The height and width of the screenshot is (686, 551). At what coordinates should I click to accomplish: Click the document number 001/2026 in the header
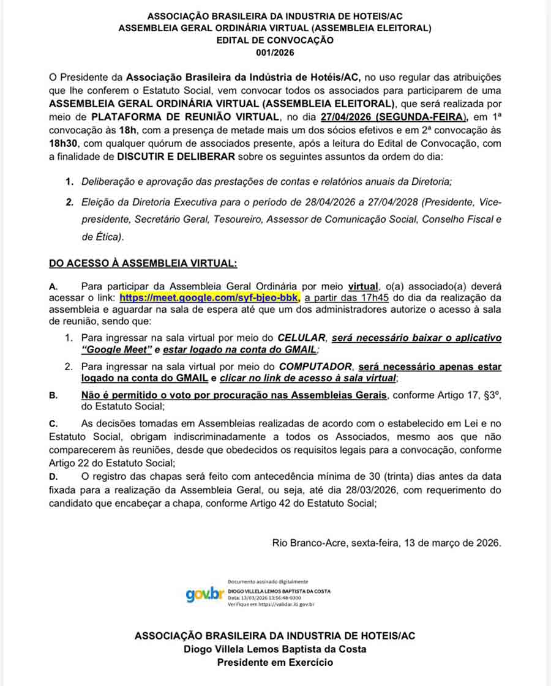pyautogui.click(x=275, y=53)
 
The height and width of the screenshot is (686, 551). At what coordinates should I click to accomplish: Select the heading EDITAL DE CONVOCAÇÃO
pyautogui.click(x=275, y=40)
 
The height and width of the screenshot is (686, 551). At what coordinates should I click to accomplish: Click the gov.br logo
pyautogui.click(x=204, y=594)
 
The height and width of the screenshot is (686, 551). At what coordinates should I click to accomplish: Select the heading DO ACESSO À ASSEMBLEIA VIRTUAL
pyautogui.click(x=143, y=263)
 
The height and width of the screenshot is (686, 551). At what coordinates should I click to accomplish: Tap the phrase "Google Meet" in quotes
pyautogui.click(x=116, y=349)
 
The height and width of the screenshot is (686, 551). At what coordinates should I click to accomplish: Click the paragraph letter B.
pyautogui.click(x=53, y=395)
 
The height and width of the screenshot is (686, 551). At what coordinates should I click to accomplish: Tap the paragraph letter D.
pyautogui.click(x=53, y=477)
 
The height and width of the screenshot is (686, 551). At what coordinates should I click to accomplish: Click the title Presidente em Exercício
pyautogui.click(x=275, y=662)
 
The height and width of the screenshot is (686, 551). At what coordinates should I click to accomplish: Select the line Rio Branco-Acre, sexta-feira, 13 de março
pyautogui.click(x=387, y=543)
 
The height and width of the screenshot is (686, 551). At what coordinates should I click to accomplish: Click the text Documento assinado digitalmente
pyautogui.click(x=268, y=582)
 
